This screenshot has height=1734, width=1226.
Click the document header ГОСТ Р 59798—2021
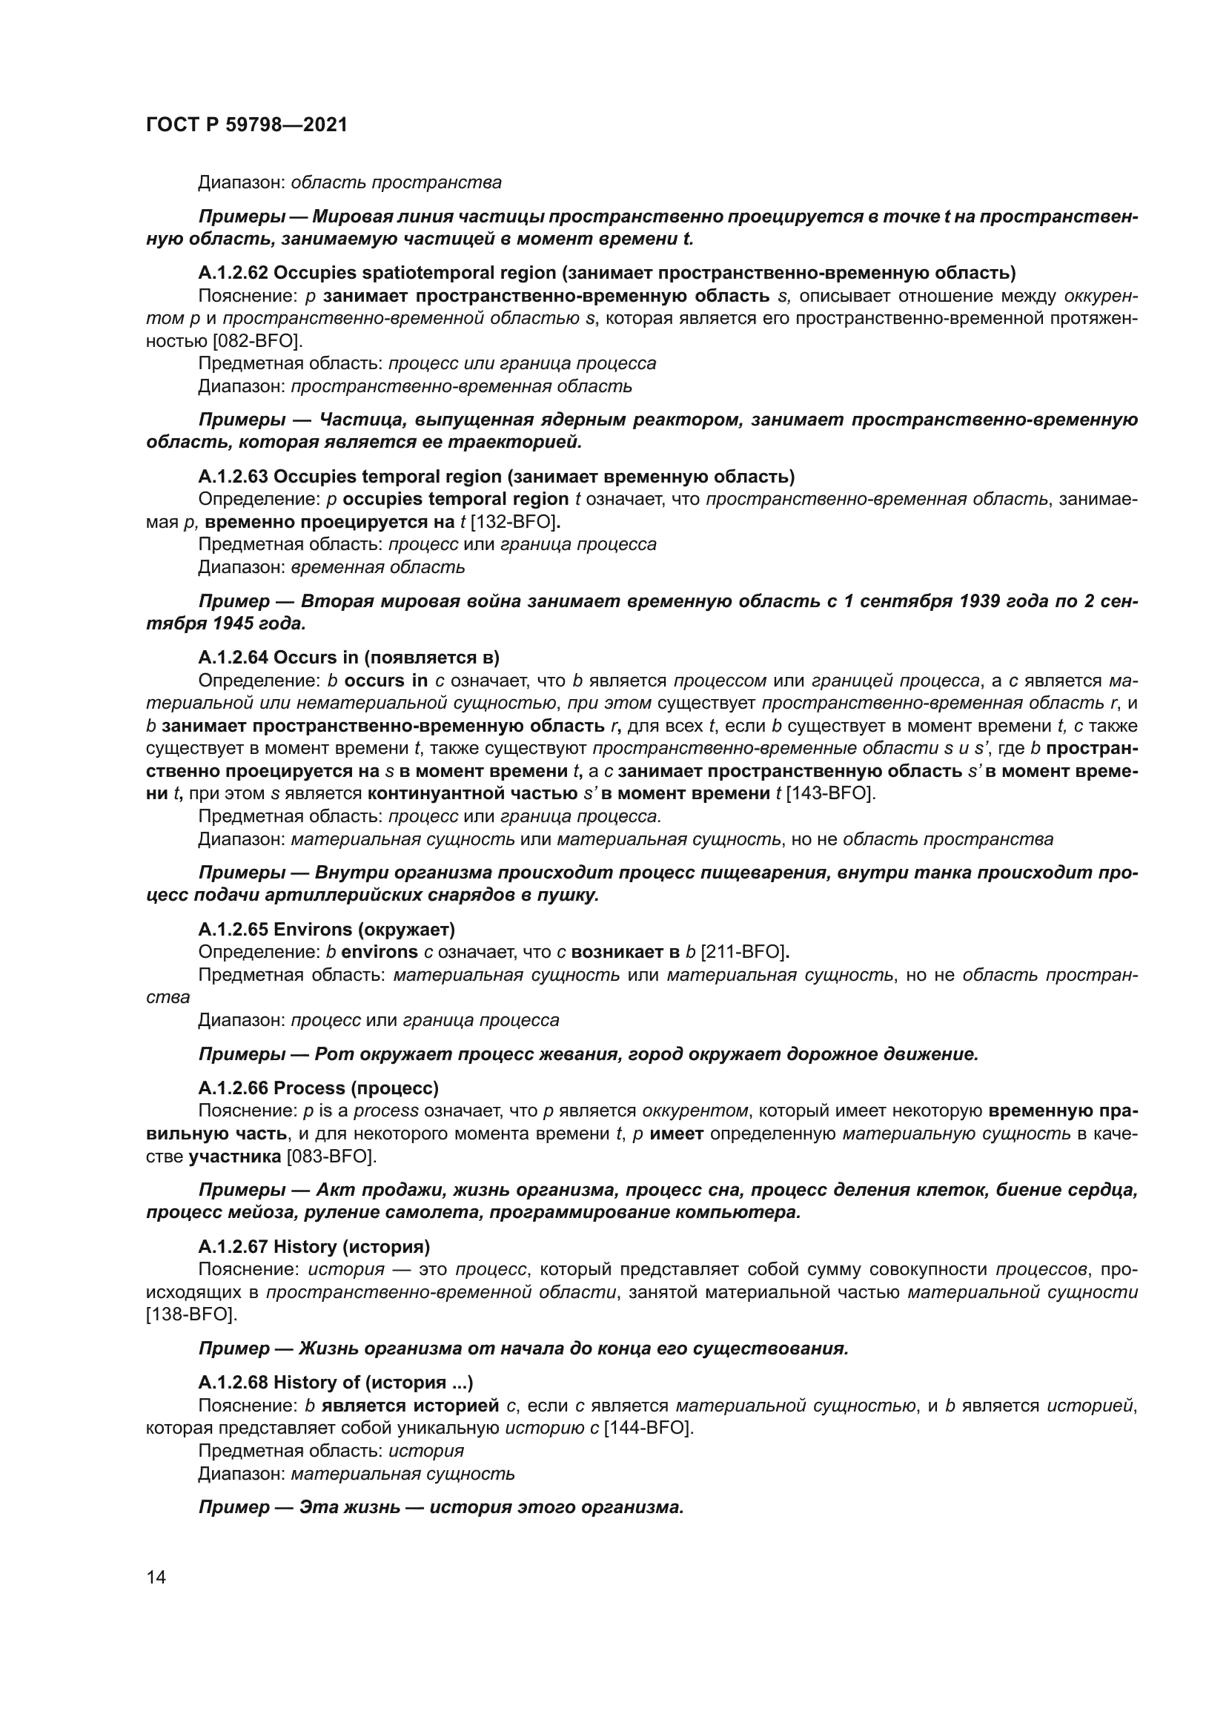(246, 125)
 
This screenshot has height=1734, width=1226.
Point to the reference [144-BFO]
(648, 1428)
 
